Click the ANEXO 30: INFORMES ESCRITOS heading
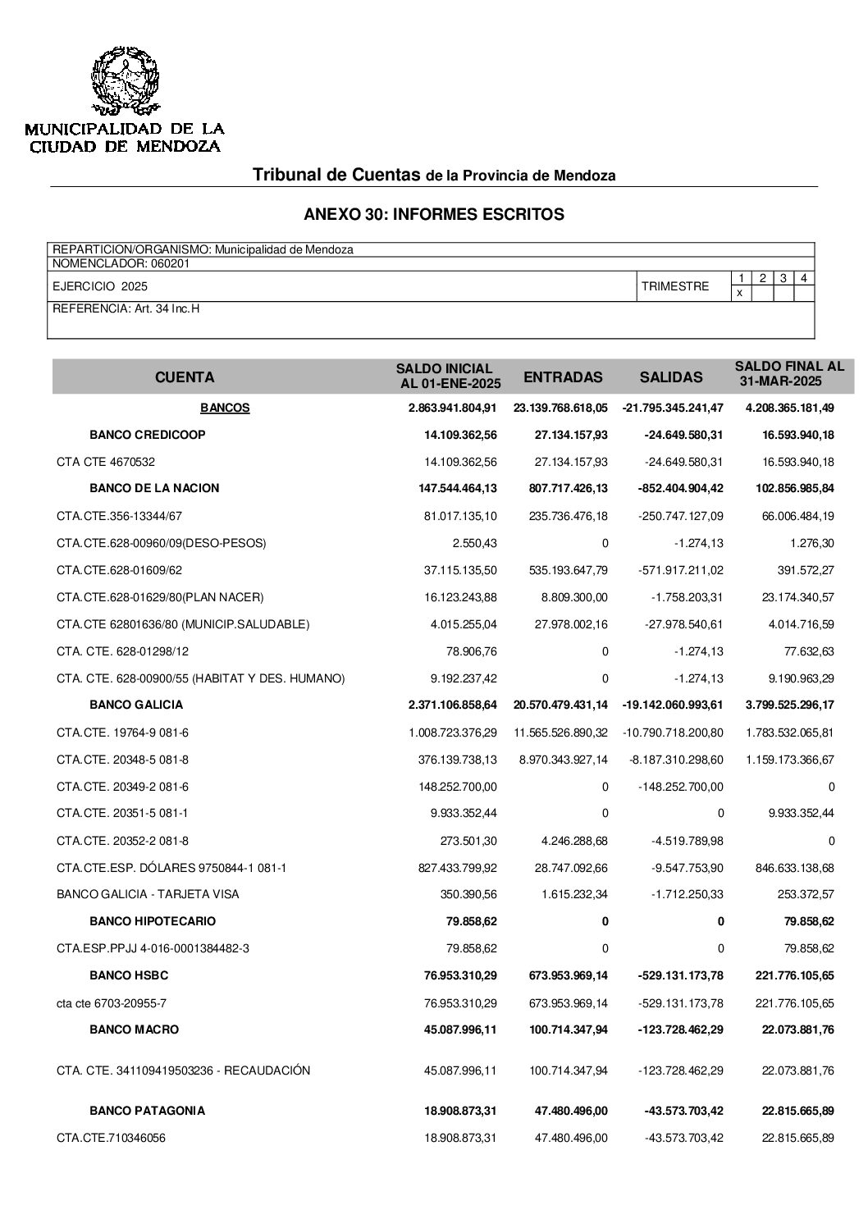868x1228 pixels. pos(433,215)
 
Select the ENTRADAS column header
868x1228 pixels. pos(563,377)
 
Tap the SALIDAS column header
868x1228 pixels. pos(671,377)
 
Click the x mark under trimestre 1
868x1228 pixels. pos(740,293)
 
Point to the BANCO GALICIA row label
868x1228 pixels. pos(136,705)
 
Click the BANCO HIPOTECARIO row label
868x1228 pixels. pos(153,921)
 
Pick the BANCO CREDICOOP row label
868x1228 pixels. pos(148,435)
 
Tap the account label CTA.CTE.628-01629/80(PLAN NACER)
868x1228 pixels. pos(160,597)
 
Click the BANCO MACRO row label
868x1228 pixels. pos(134,1029)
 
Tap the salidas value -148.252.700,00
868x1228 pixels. pos(681,787)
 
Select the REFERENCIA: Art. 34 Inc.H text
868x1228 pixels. pos(126,308)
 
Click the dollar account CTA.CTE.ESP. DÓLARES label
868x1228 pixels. pos(171,868)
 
